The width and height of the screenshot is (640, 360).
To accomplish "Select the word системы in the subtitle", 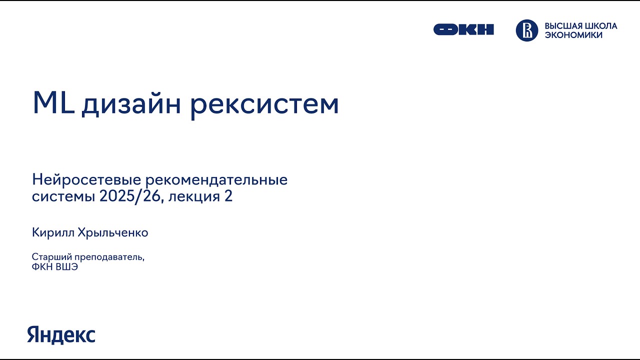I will pyautogui.click(x=63, y=196).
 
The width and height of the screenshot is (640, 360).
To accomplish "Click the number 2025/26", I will pyautogui.click(x=131, y=196).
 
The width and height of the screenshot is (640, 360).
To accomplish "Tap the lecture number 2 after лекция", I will pyautogui.click(x=228, y=196).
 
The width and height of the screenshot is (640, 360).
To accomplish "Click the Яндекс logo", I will pyautogui.click(x=61, y=334).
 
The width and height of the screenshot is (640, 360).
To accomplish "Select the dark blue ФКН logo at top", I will pyautogui.click(x=463, y=30).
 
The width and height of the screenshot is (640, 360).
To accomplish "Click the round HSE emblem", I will pyautogui.click(x=526, y=30).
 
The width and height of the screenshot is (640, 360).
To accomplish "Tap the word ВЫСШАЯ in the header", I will pyautogui.click(x=561, y=26).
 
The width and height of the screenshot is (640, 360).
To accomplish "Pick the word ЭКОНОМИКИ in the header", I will pyautogui.click(x=573, y=35).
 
